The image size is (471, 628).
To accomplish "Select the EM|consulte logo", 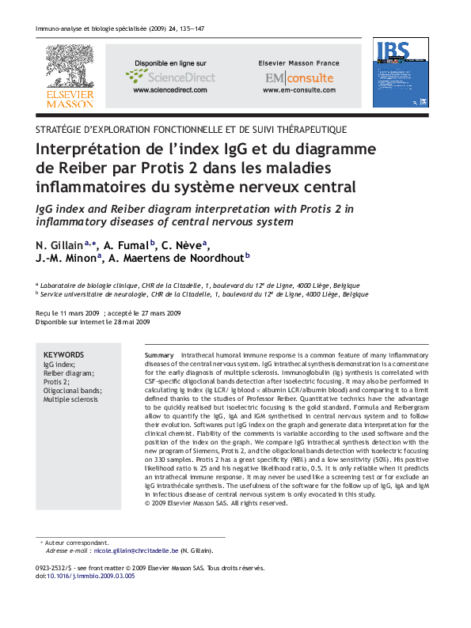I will [x=298, y=78].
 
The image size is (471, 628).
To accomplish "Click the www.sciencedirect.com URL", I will [x=169, y=91].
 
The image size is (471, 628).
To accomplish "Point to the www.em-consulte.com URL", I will [x=298, y=91].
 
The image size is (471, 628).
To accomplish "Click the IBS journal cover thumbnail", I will [x=401, y=73].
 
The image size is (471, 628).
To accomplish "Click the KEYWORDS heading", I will [x=63, y=355].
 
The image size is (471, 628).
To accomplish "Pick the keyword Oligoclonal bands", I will [x=73, y=391].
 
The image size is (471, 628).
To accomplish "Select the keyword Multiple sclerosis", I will [x=70, y=399].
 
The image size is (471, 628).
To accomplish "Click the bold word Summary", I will [x=159, y=356].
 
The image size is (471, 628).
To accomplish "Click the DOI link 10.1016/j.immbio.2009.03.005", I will [x=91, y=576].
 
